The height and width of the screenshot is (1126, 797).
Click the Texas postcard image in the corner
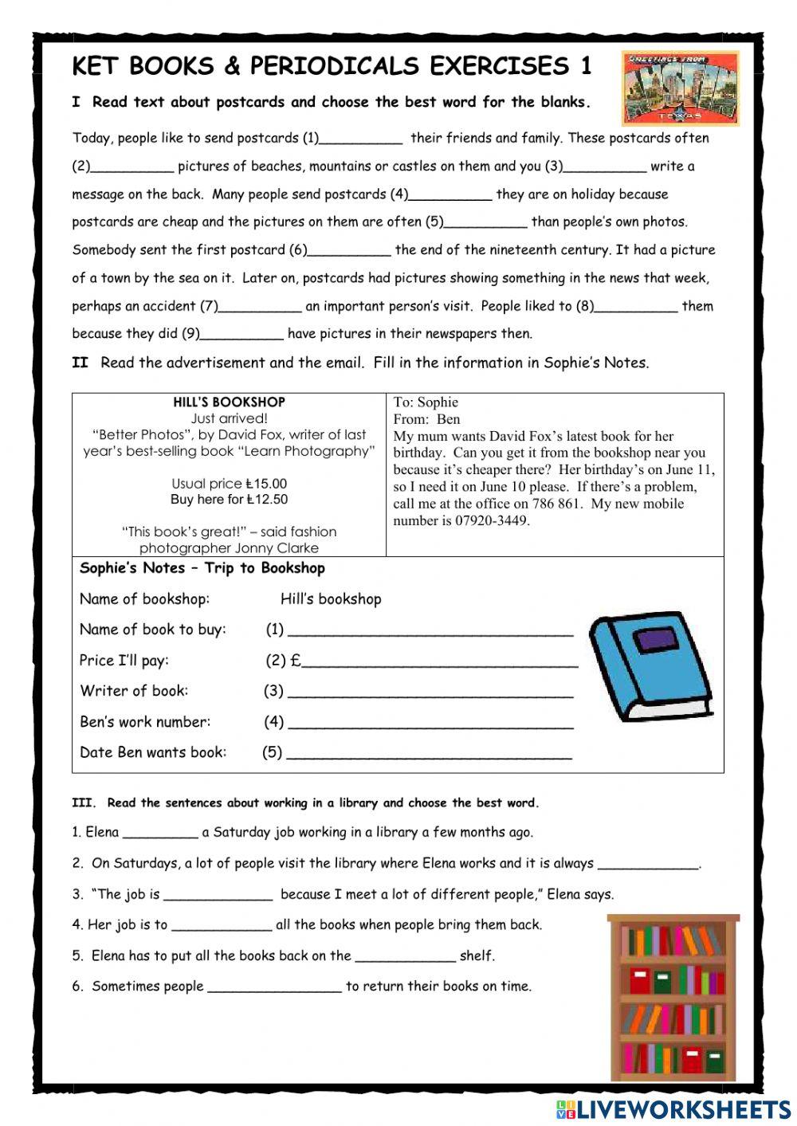pyautogui.click(x=681, y=88)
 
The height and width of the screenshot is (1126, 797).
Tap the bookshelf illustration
pyautogui.click(x=673, y=997)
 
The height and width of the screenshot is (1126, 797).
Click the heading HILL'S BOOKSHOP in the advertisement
pyautogui.click(x=229, y=402)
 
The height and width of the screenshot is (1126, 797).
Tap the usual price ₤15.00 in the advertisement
pyautogui.click(x=266, y=484)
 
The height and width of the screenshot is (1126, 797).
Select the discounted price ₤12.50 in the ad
pyautogui.click(x=267, y=500)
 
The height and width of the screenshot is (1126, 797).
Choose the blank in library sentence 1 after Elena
pyautogui.click(x=160, y=834)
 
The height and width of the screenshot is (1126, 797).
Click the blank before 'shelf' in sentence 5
pyautogui.click(x=406, y=958)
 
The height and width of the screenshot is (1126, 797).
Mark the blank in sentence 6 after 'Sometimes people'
pyautogui.click(x=274, y=988)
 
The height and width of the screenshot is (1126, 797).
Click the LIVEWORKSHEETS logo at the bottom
pyautogui.click(x=673, y=1108)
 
